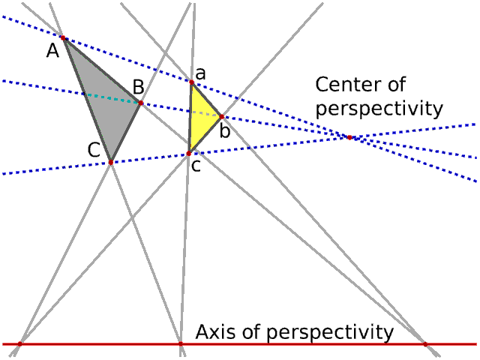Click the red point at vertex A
point(63,37)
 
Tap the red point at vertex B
point(141,102)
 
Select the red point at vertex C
point(110,162)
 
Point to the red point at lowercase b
point(221,116)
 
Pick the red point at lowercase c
point(188,154)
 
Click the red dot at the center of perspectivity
point(349,136)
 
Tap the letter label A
point(52,51)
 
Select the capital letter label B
point(138,87)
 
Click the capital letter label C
point(94,149)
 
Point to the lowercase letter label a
point(200,73)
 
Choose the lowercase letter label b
point(224,132)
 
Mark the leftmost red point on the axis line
point(19,343)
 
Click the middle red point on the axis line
point(180,343)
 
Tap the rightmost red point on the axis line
point(425,343)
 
